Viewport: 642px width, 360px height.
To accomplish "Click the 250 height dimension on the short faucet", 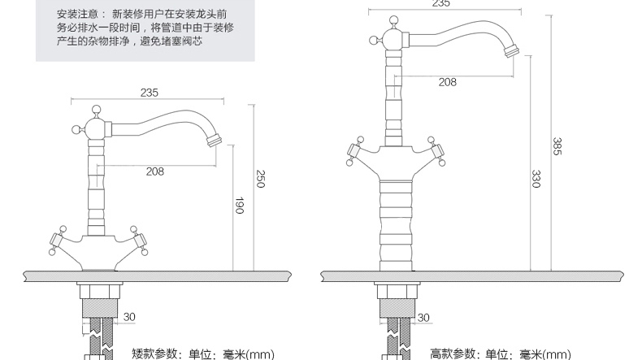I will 261,180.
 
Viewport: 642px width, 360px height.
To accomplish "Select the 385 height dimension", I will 557,147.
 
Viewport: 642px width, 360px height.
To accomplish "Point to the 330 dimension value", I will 536,179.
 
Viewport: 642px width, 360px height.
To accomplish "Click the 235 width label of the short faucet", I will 149,93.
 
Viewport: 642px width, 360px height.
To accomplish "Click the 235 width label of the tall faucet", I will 440,4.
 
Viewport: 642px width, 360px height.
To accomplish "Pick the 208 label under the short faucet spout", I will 155,171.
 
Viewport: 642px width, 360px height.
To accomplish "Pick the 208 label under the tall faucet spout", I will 447,81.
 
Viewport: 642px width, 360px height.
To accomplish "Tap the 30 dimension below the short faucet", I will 129,316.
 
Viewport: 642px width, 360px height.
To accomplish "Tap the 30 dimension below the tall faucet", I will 423,316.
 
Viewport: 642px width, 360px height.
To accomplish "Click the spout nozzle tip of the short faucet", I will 216,141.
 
